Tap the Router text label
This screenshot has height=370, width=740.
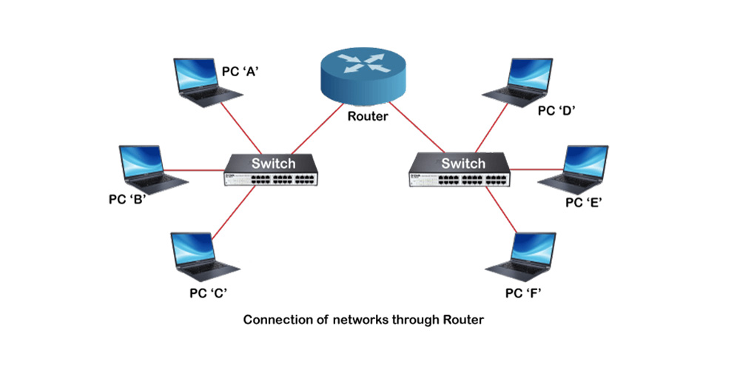point(368,115)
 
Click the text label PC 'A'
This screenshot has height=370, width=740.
point(239,72)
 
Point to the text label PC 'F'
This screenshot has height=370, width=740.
point(525,292)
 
